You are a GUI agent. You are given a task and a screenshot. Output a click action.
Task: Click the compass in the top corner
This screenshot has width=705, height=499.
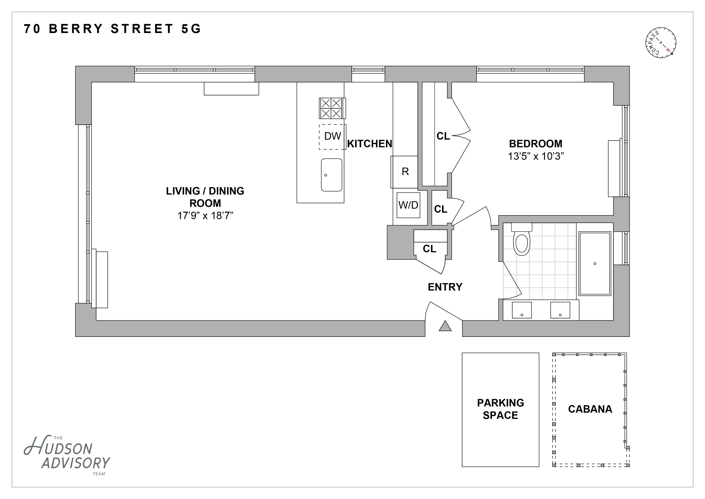click(x=661, y=43)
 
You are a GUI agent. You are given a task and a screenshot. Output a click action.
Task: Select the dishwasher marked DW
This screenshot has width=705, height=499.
click(x=332, y=137)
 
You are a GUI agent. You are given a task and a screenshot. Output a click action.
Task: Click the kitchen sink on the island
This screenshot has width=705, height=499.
click(x=332, y=175)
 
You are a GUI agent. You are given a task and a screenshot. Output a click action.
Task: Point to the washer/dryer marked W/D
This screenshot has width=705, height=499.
click(x=408, y=205)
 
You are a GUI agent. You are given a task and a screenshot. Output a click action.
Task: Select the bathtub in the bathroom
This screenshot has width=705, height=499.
click(x=595, y=264)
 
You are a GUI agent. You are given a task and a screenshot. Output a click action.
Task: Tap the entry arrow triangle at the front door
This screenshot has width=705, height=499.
click(x=445, y=326)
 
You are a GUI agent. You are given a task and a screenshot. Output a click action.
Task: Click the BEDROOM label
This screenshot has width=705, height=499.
click(x=536, y=143)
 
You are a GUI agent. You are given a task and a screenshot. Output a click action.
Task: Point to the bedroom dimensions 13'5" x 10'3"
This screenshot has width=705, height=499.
click(x=536, y=156)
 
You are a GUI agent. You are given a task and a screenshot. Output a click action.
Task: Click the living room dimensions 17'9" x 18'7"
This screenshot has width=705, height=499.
click(x=205, y=216)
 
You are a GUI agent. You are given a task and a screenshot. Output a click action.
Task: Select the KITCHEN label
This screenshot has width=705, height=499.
click(x=369, y=143)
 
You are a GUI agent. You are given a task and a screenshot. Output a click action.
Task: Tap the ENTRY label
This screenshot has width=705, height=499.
click(x=445, y=287)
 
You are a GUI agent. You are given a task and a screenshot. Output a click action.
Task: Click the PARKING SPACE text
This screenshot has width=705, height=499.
click(x=500, y=409)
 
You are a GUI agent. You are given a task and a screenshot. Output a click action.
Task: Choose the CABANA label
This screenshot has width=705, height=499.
click(x=590, y=409)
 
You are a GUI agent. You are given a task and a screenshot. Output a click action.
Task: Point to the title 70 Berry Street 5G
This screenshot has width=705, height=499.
click(x=112, y=29)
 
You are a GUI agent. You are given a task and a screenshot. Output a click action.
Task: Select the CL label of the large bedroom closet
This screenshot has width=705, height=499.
click(x=443, y=136)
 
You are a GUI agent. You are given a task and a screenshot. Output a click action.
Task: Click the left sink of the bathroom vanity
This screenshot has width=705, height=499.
click(x=522, y=310)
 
